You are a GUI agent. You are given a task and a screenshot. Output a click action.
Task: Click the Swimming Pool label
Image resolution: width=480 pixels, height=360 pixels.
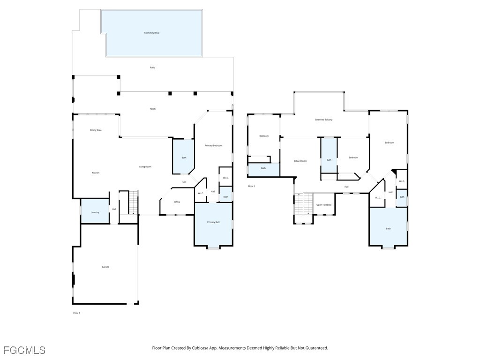point(152,33)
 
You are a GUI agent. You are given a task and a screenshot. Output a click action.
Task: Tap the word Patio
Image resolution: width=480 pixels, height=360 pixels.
point(152,67)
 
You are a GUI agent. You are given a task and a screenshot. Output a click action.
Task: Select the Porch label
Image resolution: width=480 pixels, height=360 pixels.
point(152,109)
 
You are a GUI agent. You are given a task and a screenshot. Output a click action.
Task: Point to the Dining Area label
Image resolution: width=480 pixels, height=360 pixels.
point(96,130)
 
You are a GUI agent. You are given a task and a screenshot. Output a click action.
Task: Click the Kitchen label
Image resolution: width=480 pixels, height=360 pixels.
point(96,173)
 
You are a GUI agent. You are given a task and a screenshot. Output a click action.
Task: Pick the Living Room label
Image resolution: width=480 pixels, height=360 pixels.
point(145,166)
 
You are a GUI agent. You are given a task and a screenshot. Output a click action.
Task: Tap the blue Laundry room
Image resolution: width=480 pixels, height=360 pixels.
point(95,212)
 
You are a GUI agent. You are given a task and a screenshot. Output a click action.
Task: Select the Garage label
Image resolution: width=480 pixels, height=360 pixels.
point(105,267)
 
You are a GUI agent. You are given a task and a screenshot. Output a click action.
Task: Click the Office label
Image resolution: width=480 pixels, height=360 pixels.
point(177,202)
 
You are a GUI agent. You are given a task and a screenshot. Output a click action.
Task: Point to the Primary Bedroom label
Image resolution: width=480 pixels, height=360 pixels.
point(213,145)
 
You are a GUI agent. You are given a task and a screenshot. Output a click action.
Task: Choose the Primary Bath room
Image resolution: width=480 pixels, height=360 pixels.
point(214,222)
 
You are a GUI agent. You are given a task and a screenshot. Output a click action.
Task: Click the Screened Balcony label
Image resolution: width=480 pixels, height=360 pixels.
point(323,120)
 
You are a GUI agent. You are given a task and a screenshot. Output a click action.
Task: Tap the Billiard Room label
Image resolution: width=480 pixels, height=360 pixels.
point(300,161)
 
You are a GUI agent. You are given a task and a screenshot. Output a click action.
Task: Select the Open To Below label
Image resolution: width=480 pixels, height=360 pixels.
point(324,205)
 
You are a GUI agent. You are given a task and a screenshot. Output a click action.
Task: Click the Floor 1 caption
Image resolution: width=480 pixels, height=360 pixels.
point(76,313)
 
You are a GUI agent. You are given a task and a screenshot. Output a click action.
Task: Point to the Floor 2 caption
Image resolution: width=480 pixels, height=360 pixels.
point(251,186)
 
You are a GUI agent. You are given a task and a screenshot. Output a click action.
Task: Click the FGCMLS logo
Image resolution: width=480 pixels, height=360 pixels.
point(24,350)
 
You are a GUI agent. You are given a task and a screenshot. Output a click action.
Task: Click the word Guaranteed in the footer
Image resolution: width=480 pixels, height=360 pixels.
point(316,348)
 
